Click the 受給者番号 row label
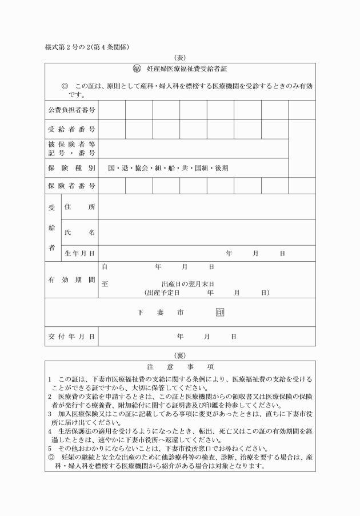tap(71, 129)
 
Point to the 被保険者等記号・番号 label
tap(71, 149)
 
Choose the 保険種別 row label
tap(71, 168)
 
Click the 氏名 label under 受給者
tap(79, 233)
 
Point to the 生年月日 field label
tap(79, 253)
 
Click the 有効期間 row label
tap(71, 279)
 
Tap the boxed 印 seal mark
tap(220, 313)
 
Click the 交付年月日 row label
tap(71, 337)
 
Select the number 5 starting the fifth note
tap(50, 449)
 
